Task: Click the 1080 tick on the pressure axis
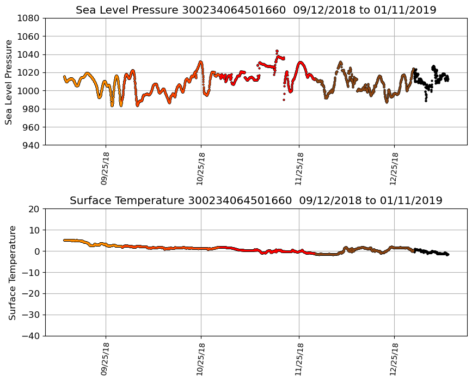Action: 30,18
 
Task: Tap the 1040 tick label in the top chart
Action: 30,54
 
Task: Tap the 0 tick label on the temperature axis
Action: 38,251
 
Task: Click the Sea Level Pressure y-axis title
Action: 9,82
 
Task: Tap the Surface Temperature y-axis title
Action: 12,272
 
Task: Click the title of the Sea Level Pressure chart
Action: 256,10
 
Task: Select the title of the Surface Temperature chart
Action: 256,201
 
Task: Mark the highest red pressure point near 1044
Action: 277,51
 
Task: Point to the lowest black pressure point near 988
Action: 426,101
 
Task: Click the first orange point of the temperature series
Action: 64,240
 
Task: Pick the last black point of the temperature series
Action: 448,255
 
